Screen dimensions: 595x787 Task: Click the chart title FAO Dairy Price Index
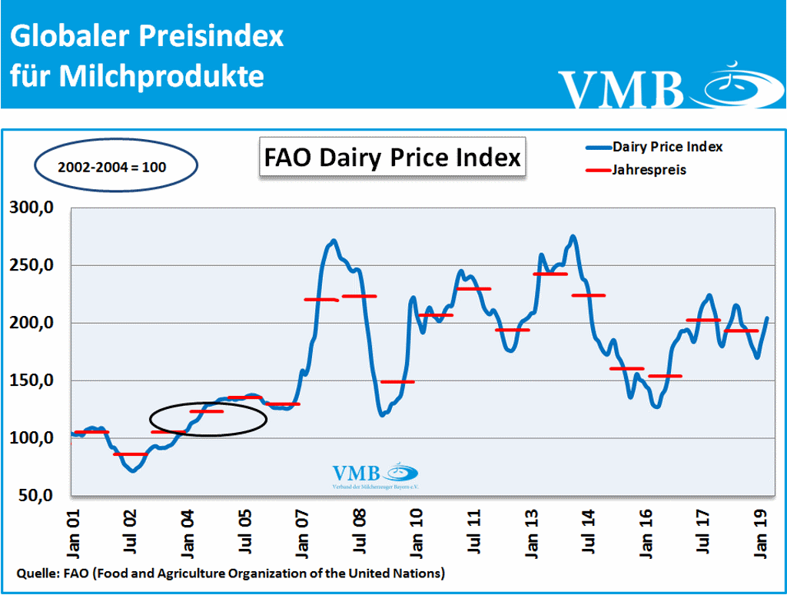point(393,157)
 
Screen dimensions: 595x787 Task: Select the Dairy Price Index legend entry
point(667,146)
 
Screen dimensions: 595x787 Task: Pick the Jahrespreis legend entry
point(649,170)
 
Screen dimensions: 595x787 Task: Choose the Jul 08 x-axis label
point(358,531)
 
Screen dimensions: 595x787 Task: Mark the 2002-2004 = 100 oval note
point(115,165)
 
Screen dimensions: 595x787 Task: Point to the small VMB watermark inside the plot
point(375,476)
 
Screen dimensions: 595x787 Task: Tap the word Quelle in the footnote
point(35,573)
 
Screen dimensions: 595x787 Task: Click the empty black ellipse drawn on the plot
point(208,418)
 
